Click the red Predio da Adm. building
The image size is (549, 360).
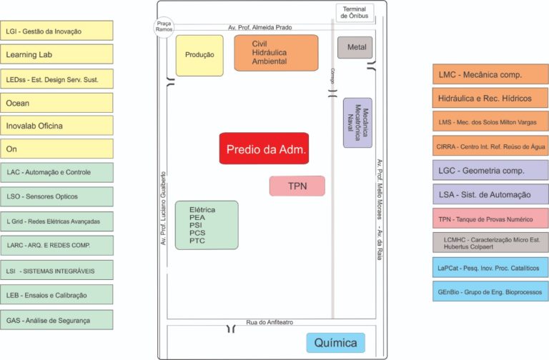pos(264,149)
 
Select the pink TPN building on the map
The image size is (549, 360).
pos(297,186)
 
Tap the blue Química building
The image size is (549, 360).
pos(335,343)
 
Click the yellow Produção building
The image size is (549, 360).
pos(199,55)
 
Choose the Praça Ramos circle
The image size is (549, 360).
pos(164,26)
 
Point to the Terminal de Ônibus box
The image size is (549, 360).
pos(355,13)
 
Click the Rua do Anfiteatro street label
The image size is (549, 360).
pos(269,322)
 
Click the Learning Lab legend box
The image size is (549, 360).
pos(56,54)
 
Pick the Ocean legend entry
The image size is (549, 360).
pos(56,103)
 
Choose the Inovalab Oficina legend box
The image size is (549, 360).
pos(56,126)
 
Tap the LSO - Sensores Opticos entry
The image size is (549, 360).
pos(56,196)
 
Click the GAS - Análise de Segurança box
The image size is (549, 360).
pos(56,320)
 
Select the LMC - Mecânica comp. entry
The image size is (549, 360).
pos(490,74)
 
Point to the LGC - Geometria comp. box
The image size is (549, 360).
pos(490,170)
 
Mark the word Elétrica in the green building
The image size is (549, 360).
pos(203,209)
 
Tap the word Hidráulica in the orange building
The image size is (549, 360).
pos(269,52)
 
